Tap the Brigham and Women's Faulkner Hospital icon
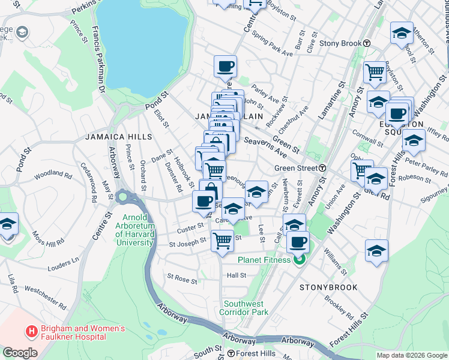30,331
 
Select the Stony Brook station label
345,43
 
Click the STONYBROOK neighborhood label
328,287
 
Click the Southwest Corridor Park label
244,308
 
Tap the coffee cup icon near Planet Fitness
298,242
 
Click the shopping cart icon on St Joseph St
222,240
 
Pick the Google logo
20,353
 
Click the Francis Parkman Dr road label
99,60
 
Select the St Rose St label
182,280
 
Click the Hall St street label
237,275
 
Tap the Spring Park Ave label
273,44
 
